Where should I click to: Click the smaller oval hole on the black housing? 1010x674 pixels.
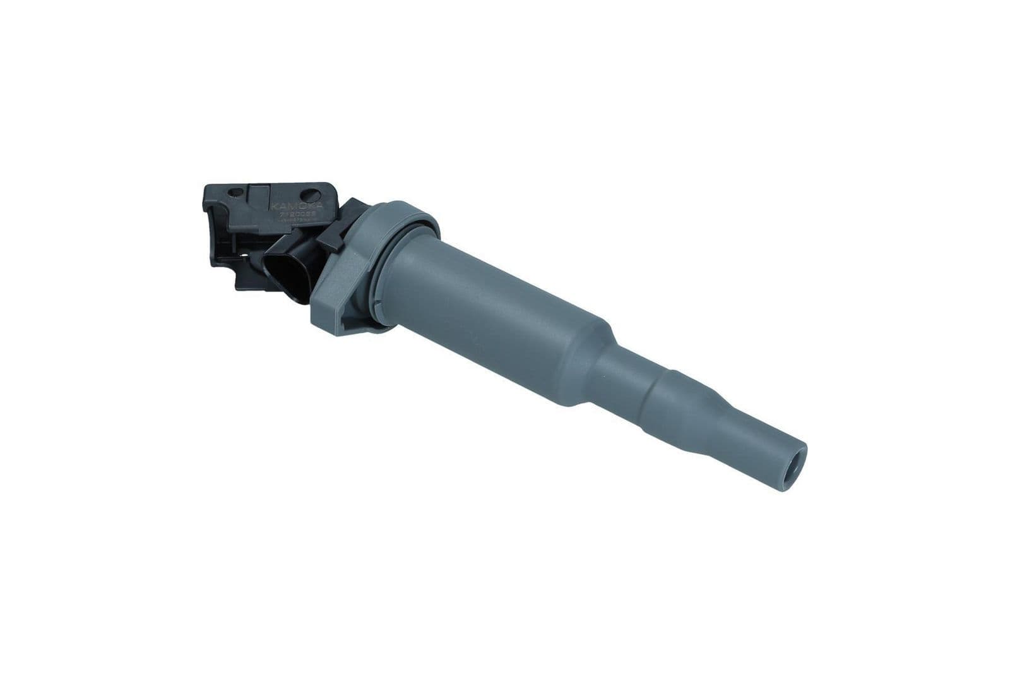pos(235,192)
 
